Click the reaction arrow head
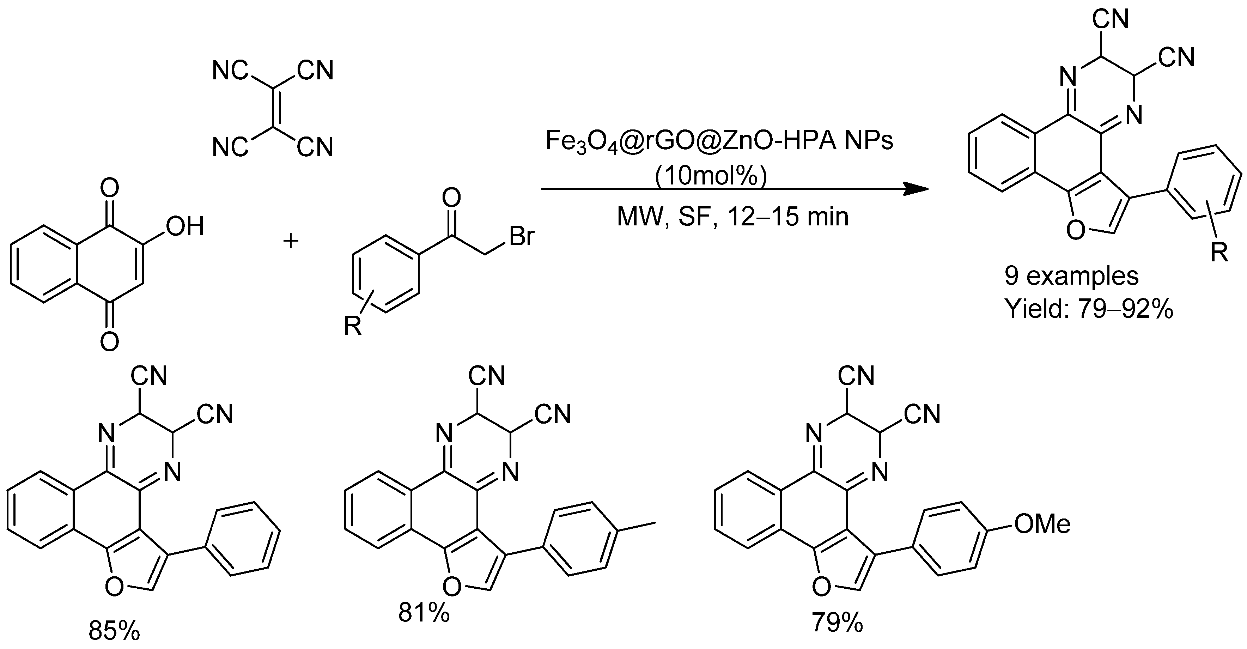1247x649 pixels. coord(917,189)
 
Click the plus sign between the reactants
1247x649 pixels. coord(291,241)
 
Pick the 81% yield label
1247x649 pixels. coord(424,613)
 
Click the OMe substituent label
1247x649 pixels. coord(1042,524)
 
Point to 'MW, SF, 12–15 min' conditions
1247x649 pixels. coord(732,217)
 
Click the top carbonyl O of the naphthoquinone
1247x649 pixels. coord(110,187)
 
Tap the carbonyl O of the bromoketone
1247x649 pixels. coord(452,198)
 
